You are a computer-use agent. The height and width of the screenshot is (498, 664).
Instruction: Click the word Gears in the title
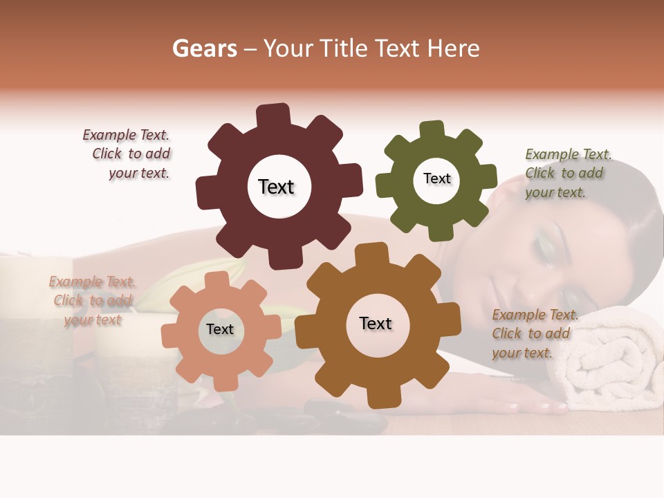tap(204, 48)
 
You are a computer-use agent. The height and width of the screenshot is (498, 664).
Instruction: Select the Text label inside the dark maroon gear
tap(276, 187)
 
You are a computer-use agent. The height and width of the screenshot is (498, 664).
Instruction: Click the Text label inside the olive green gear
tap(436, 178)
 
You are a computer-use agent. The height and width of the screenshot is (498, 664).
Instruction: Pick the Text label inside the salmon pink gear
tap(220, 329)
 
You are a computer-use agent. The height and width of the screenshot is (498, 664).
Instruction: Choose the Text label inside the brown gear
tap(376, 323)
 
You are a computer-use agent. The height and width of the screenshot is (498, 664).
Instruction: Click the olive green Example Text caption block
tap(567, 173)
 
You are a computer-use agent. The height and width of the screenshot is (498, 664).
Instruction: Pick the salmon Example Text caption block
tap(93, 301)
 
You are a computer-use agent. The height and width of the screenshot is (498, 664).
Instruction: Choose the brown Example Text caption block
tap(533, 333)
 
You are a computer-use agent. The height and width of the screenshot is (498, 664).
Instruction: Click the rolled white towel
tap(609, 367)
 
